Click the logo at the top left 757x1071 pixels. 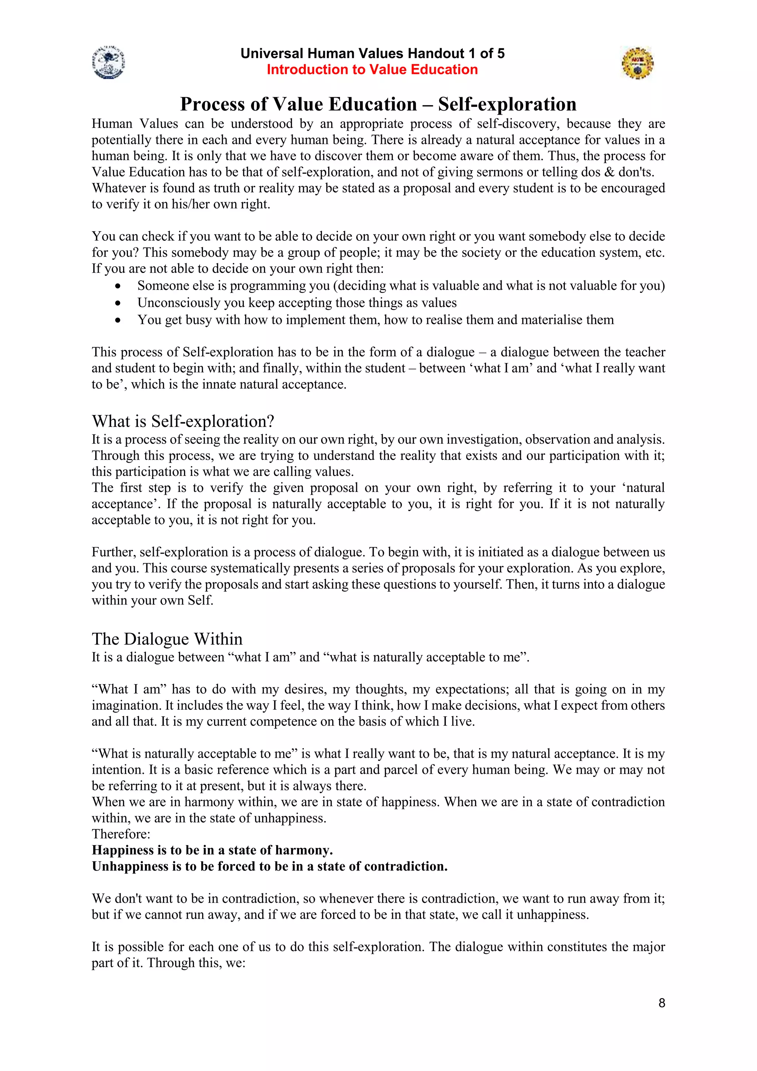[x=109, y=62]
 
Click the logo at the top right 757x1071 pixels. [x=637, y=62]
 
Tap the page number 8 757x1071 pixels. [x=661, y=1003]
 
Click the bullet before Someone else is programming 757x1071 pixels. [x=118, y=286]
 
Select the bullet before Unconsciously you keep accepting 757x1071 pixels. [x=118, y=303]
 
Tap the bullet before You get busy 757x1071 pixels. [x=118, y=321]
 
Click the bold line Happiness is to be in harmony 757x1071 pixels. [x=212, y=850]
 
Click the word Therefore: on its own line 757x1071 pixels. [x=121, y=834]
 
